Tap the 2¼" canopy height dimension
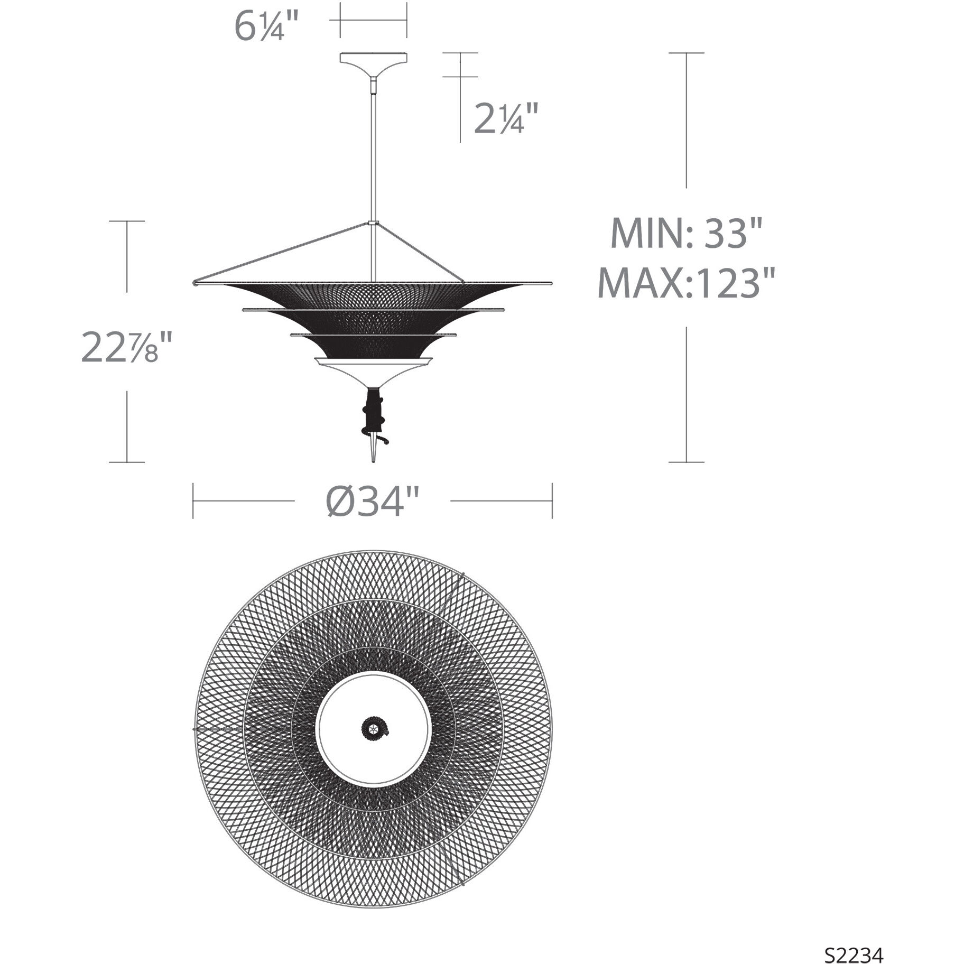pos(506,118)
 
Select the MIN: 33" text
pos(685,233)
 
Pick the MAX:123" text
pos(685,283)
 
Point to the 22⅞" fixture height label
pos(127,348)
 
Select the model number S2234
pos(854,941)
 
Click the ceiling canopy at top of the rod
pos(373,59)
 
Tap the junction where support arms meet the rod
pos(374,224)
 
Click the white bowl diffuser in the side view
pos(373,370)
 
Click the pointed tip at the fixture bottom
pos(374,458)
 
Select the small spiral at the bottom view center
pos(374,729)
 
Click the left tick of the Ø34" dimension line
pos(193,500)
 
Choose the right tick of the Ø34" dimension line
pos(552,500)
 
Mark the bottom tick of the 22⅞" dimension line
pos(127,462)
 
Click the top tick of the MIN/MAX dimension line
pos(686,53)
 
